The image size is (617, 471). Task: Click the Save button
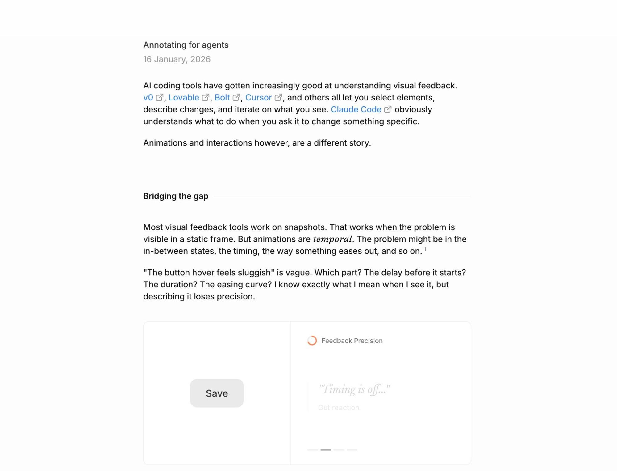pyautogui.click(x=217, y=393)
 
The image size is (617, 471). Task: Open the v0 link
pyautogui.click(x=148, y=98)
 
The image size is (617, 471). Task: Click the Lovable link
pyautogui.click(x=184, y=98)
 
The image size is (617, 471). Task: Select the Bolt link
pyautogui.click(x=222, y=98)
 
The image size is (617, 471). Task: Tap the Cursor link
pyautogui.click(x=258, y=98)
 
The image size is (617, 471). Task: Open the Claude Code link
pyautogui.click(x=356, y=110)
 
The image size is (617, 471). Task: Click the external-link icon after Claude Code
pyautogui.click(x=388, y=109)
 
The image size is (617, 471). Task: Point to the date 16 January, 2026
pyautogui.click(x=177, y=59)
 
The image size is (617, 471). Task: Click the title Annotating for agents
pyautogui.click(x=186, y=45)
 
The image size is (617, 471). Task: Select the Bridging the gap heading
pyautogui.click(x=176, y=196)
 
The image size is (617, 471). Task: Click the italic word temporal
pyautogui.click(x=332, y=239)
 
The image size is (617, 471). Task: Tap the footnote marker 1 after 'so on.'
pyautogui.click(x=425, y=249)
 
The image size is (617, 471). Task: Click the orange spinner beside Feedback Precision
pyautogui.click(x=312, y=341)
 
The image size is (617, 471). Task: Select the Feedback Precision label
pyautogui.click(x=352, y=341)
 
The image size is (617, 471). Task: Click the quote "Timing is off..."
pyautogui.click(x=354, y=389)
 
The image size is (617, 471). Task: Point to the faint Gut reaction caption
pyautogui.click(x=338, y=408)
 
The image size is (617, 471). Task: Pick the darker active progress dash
pyautogui.click(x=325, y=450)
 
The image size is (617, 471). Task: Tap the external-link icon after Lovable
pyautogui.click(x=205, y=98)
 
